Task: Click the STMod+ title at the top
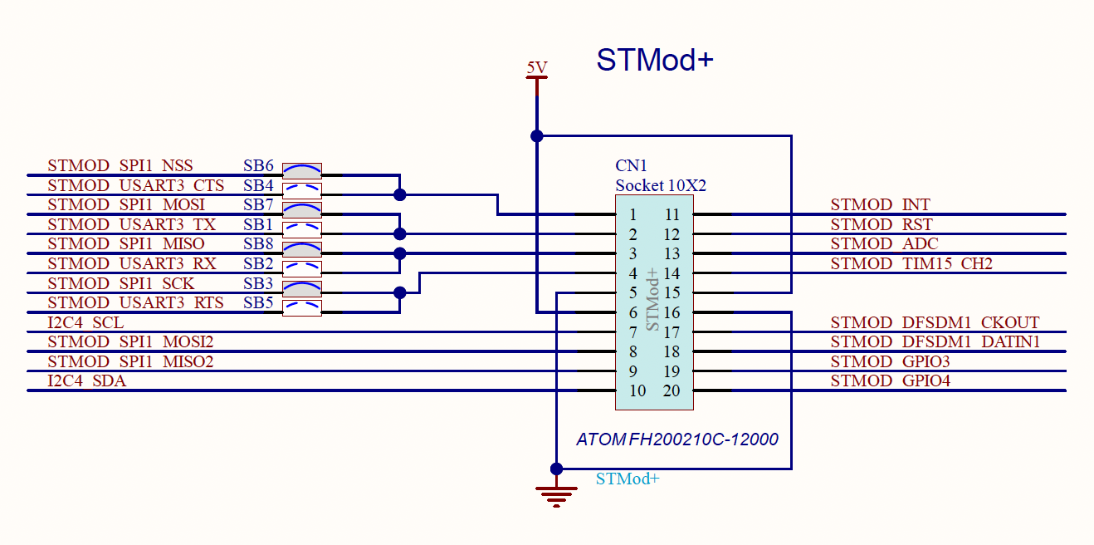click(655, 60)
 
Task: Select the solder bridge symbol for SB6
click(302, 171)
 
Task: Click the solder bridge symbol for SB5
click(302, 307)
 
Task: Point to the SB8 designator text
click(258, 243)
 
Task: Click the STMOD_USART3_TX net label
click(131, 224)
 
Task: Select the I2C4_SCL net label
click(85, 322)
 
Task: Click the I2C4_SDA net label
click(86, 381)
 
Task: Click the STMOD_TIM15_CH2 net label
click(911, 263)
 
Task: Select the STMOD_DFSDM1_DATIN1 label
click(935, 341)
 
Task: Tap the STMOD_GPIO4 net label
click(890, 381)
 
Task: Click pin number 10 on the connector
click(637, 390)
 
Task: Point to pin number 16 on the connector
click(672, 312)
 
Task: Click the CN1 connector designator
click(631, 166)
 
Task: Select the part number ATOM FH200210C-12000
click(677, 439)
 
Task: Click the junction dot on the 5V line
click(537, 135)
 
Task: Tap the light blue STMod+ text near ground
click(628, 479)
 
